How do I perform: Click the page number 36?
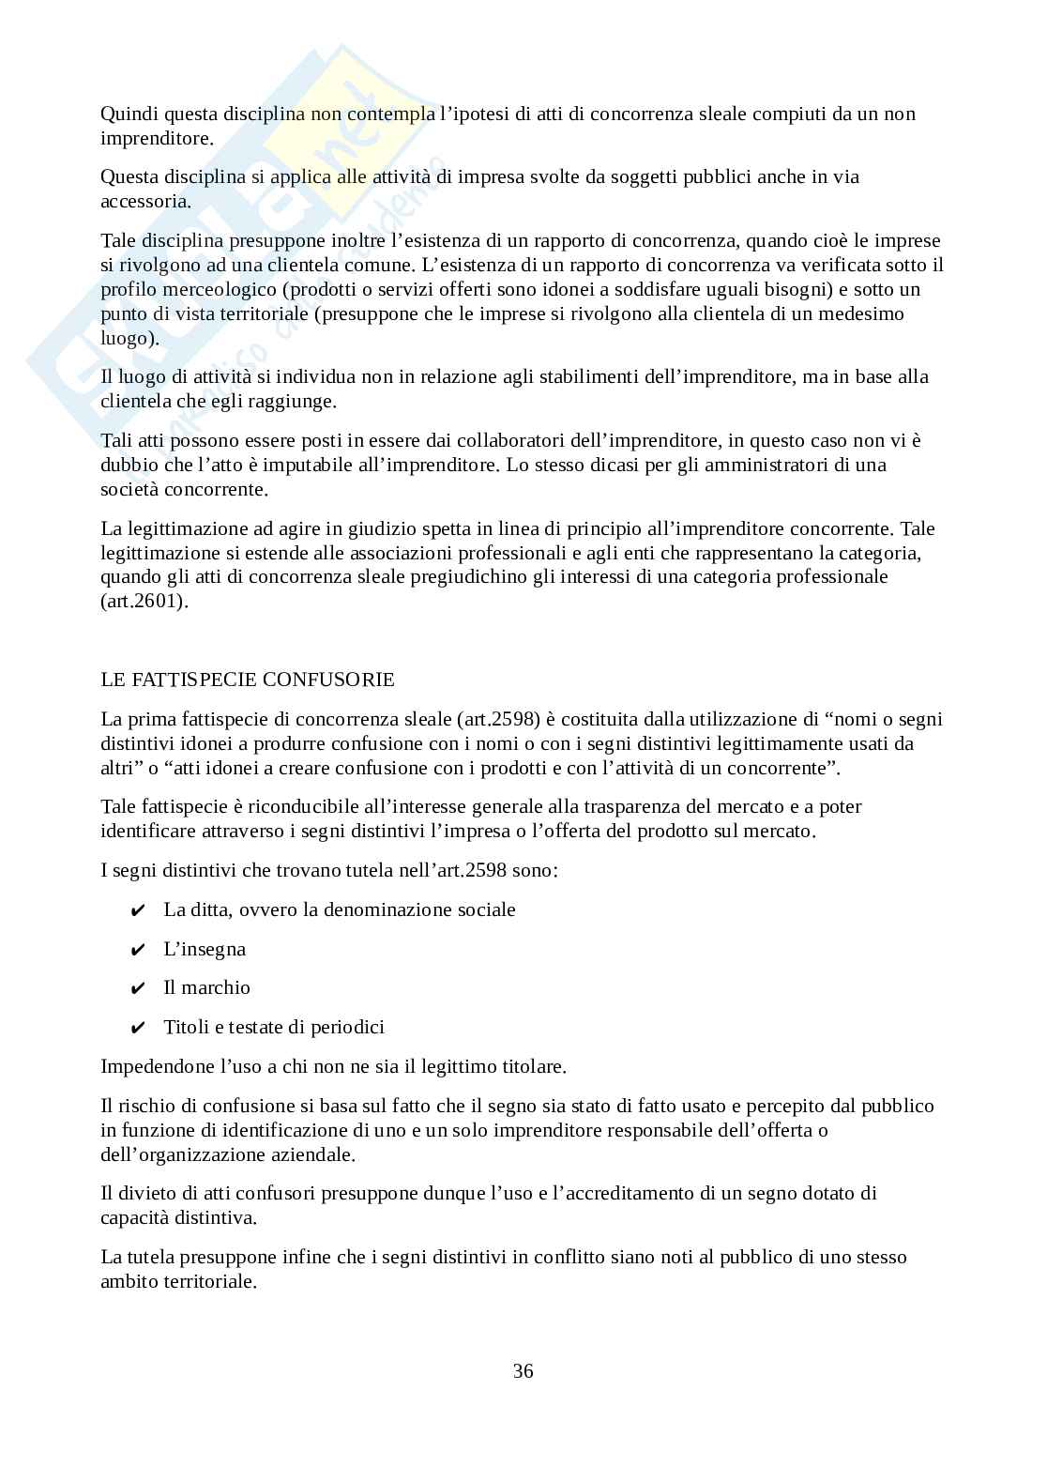[523, 1371]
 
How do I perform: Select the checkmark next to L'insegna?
[137, 950]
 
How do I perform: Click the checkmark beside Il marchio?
[137, 988]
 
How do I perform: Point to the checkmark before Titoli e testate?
[137, 1028]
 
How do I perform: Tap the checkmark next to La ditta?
[137, 910]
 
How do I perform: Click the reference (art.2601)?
[144, 602]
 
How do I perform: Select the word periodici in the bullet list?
[348, 1028]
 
